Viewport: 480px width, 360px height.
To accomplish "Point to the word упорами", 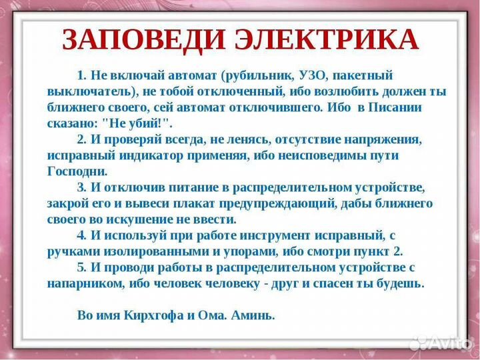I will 251,251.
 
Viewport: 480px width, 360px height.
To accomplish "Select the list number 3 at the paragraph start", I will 81,187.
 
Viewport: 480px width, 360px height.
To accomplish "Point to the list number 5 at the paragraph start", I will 81,267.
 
